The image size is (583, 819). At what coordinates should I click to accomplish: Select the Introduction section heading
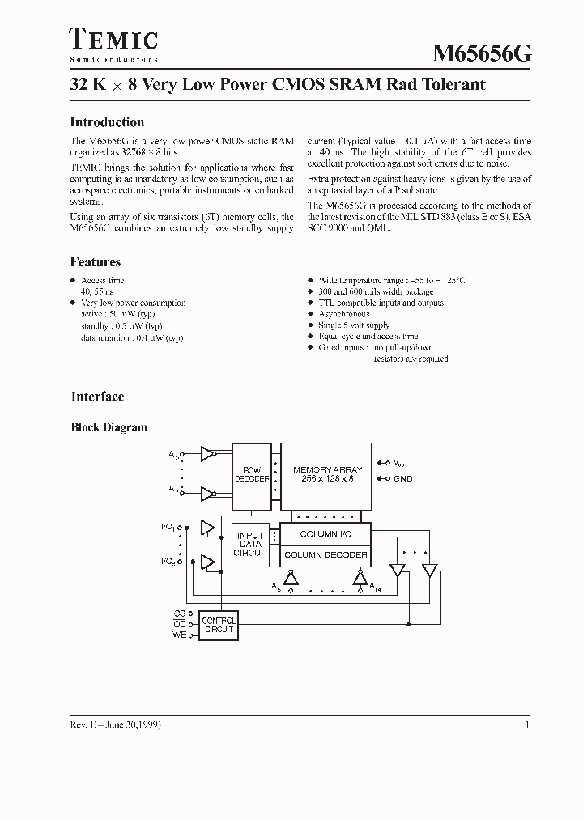[107, 122]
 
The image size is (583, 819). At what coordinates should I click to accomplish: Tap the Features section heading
[96, 262]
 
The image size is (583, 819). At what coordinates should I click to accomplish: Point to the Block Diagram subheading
[109, 427]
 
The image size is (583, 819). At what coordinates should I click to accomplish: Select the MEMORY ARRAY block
[327, 475]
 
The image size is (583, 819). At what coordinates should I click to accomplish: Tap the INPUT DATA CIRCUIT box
[251, 544]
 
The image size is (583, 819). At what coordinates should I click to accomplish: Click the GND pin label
[402, 478]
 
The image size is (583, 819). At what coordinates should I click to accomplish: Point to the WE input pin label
[179, 634]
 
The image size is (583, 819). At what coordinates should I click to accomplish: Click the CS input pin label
[179, 613]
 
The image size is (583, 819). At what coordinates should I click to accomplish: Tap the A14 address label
[376, 587]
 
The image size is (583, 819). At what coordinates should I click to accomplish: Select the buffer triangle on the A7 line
[208, 492]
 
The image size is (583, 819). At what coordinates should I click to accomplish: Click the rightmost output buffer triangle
[429, 570]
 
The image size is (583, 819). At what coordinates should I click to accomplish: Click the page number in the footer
[527, 724]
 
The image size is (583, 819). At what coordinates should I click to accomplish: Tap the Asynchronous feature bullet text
[343, 314]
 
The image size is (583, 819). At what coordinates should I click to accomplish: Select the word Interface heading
[97, 397]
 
